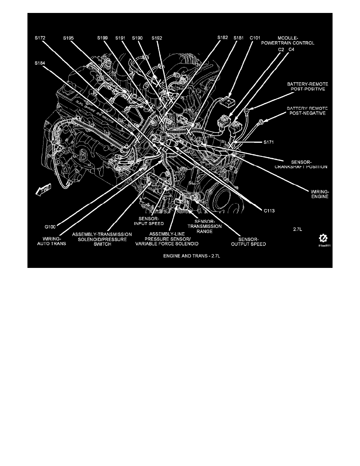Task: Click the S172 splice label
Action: (x=40, y=38)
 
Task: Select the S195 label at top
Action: (x=69, y=38)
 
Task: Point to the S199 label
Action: (x=103, y=38)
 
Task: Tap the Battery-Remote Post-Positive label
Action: (x=307, y=86)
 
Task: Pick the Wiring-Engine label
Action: (x=318, y=194)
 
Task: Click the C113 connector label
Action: (x=269, y=210)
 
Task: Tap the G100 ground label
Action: (x=50, y=226)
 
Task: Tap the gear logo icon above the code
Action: (x=324, y=238)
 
